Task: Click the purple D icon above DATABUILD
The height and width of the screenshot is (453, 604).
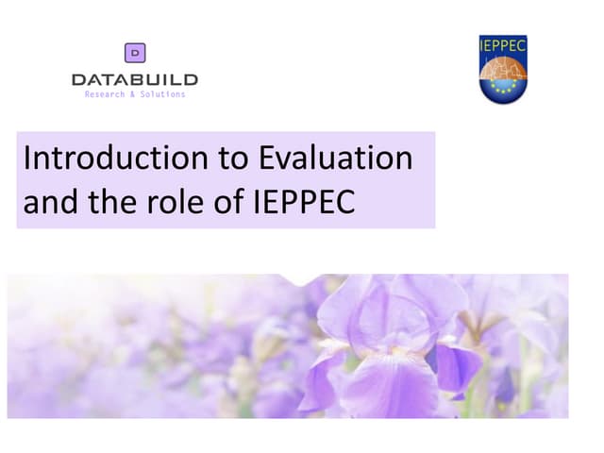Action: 135,54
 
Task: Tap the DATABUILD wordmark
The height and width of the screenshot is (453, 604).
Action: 135,80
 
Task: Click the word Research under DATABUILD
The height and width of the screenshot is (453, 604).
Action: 104,94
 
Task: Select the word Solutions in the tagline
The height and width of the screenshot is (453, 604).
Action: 162,94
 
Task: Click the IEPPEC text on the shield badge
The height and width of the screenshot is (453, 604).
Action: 503,44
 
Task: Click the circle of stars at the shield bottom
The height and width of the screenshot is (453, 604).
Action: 503,91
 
